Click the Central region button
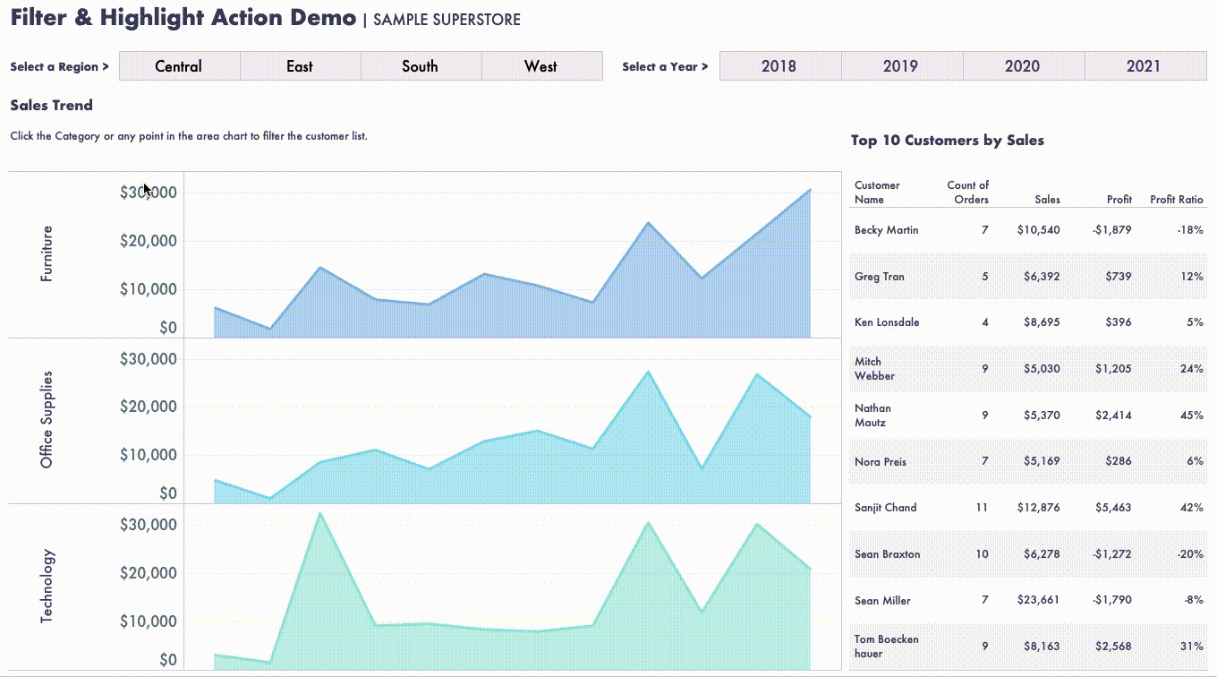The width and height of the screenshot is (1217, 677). tap(179, 66)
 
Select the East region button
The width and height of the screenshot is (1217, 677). tap(300, 66)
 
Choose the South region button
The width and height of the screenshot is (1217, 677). tap(421, 66)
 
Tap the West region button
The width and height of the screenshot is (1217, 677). tap(541, 66)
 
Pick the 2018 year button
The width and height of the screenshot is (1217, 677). tap(779, 66)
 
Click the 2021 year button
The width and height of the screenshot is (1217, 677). tap(1144, 66)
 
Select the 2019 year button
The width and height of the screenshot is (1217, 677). tap(901, 66)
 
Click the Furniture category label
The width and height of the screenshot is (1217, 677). tap(47, 253)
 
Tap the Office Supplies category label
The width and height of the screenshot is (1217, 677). tap(47, 419)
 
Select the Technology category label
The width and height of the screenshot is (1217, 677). tap(47, 586)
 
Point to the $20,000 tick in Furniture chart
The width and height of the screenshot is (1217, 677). tap(149, 242)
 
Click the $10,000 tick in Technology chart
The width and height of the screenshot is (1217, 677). tap(149, 621)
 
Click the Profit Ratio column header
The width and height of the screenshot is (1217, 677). tap(1177, 200)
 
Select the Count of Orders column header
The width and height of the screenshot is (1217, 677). tap(968, 193)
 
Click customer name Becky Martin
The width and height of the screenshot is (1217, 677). tap(886, 230)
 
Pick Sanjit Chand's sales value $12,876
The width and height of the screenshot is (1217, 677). tap(1038, 508)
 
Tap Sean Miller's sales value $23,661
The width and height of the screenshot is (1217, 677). tap(1038, 601)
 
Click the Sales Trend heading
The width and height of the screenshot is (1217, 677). tap(52, 106)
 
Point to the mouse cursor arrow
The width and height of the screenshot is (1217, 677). tap(147, 189)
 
